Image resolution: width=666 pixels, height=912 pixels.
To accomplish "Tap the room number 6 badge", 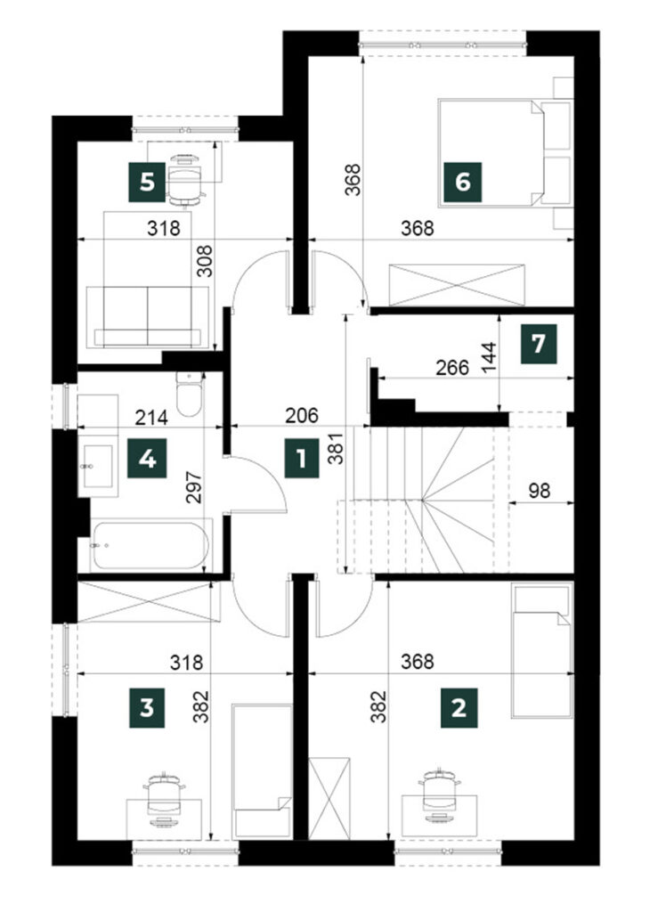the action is tap(462, 182).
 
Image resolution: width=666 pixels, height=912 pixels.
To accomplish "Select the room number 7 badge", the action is tap(539, 344).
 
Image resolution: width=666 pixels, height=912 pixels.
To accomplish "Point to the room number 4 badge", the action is tap(148, 460).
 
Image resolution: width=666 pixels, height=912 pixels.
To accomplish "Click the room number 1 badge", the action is tap(301, 459).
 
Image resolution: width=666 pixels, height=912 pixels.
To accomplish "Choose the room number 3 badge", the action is tap(147, 708).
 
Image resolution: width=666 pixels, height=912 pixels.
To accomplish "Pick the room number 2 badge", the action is tap(459, 708).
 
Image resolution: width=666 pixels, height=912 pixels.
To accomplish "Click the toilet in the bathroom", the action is tap(189, 394).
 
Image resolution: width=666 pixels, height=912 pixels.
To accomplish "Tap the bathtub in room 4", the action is tap(150, 545).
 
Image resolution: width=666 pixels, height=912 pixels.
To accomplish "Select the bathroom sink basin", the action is tap(98, 467).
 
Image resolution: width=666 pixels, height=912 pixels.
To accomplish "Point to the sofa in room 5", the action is tap(148, 316).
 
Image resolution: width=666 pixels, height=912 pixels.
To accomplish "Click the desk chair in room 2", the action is tap(439, 795).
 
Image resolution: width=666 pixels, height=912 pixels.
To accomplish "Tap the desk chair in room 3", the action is tap(165, 799).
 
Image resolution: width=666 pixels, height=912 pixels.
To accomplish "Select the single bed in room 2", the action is tap(541, 651).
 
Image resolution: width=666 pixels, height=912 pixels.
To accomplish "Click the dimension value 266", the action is tap(452, 368).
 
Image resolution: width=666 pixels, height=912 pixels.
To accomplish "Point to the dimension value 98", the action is tap(540, 491).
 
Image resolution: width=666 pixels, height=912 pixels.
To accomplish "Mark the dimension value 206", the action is tap(302, 415).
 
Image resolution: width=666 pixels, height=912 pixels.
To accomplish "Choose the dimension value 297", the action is tap(194, 487).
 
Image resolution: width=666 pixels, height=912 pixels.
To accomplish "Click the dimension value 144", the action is tap(490, 357).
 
